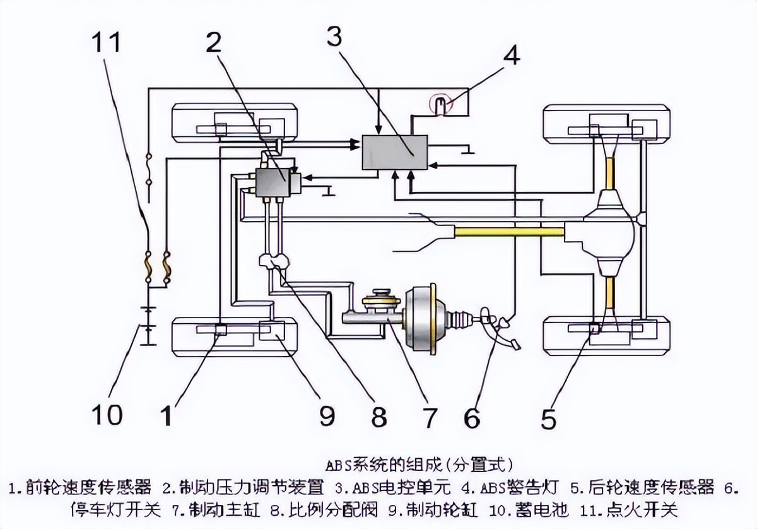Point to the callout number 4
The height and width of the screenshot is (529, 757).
point(511,56)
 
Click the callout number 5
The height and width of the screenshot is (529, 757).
point(548,419)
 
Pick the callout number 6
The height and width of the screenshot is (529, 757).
point(471,417)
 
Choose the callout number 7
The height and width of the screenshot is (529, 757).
point(429,417)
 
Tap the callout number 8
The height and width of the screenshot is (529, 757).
point(378,417)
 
